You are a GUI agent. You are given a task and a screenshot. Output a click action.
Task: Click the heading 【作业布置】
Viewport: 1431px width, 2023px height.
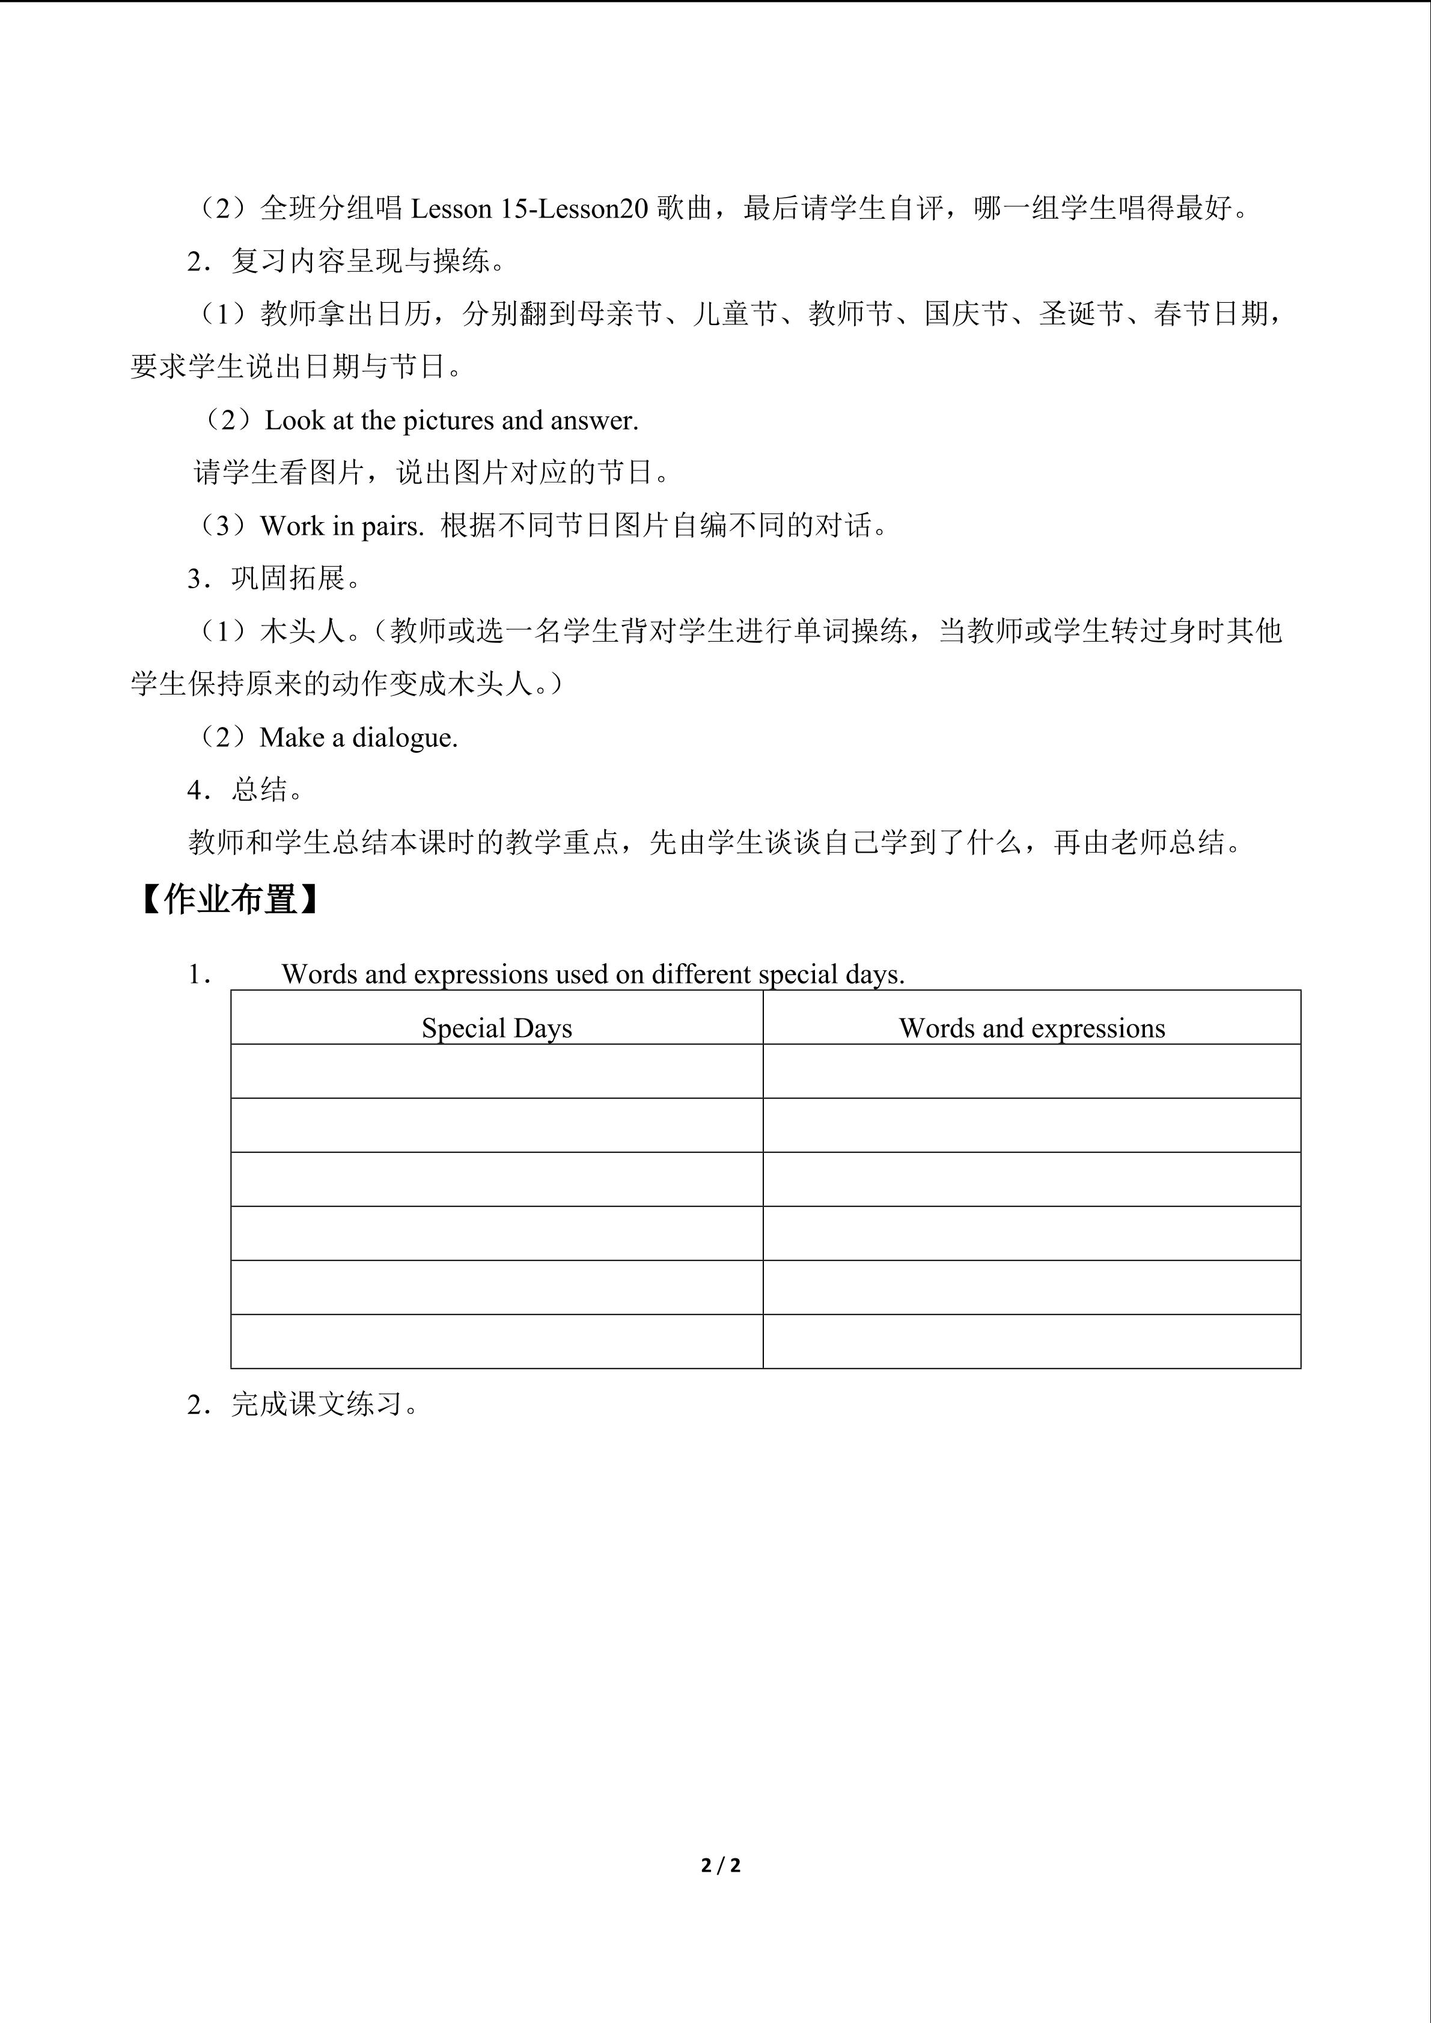[x=229, y=901]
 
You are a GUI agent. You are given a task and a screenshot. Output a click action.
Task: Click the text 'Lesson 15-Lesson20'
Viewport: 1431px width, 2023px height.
[x=529, y=209]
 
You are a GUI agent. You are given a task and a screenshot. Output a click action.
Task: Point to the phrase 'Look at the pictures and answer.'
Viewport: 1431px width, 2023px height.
[x=451, y=421]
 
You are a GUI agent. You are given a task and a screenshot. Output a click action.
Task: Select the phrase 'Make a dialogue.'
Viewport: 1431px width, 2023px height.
[x=359, y=737]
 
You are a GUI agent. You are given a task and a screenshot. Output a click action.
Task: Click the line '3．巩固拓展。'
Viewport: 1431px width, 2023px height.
[x=274, y=579]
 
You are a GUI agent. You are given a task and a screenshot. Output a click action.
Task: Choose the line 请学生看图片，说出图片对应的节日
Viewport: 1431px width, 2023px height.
[x=432, y=473]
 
